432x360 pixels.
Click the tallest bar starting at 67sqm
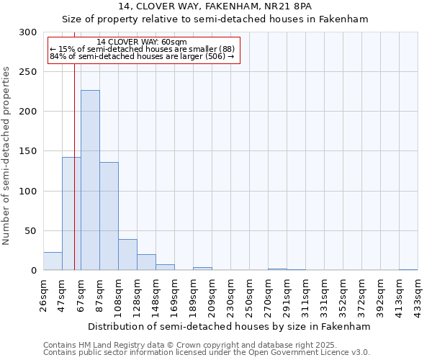[90, 180]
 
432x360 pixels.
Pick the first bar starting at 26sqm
[53, 261]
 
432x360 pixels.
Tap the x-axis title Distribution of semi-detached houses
[230, 326]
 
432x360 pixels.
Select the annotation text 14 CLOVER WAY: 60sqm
[141, 42]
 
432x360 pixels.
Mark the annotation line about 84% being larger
[142, 56]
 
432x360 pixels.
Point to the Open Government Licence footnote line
[206, 352]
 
